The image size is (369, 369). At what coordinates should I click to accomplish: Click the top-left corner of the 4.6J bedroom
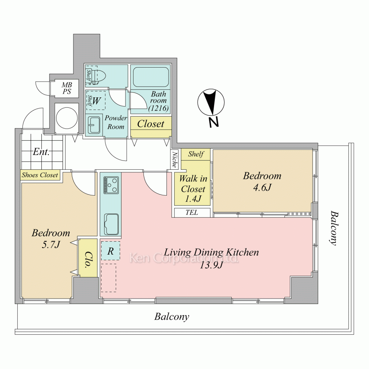click(213, 150)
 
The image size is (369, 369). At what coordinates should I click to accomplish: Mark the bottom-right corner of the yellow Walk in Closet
click(210, 205)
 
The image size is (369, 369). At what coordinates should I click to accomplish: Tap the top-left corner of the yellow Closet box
click(131, 117)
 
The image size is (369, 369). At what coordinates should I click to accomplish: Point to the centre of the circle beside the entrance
click(66, 118)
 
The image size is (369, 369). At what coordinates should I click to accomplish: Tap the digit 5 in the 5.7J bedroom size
click(44, 245)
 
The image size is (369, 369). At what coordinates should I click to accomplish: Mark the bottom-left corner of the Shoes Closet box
click(21, 180)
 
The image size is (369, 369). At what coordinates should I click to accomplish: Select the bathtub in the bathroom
click(151, 77)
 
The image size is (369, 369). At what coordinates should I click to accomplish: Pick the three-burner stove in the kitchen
click(111, 185)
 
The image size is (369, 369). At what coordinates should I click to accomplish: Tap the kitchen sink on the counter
click(111, 224)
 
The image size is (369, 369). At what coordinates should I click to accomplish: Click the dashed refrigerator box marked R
click(111, 251)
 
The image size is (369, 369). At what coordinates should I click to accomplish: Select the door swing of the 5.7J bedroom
click(84, 183)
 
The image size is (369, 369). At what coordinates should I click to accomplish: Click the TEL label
click(192, 213)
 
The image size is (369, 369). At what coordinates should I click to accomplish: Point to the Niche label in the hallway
click(175, 159)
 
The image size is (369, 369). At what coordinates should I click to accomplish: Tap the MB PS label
click(67, 88)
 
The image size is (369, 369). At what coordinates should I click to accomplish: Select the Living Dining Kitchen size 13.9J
click(211, 265)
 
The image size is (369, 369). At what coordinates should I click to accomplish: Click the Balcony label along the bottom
click(172, 317)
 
